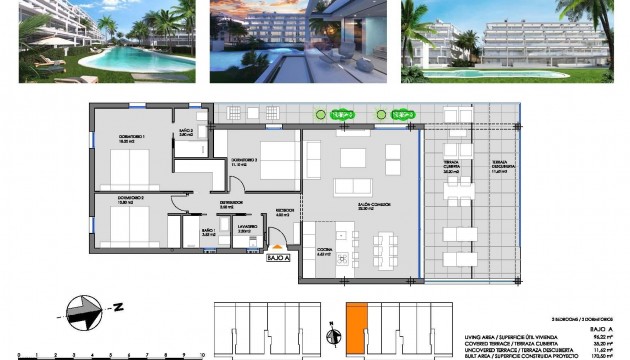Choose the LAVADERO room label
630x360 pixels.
[x=247, y=230]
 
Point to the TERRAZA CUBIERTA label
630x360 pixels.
[x=451, y=169]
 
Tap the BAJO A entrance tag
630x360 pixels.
[x=278, y=257]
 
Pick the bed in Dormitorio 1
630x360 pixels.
[x=129, y=162]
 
